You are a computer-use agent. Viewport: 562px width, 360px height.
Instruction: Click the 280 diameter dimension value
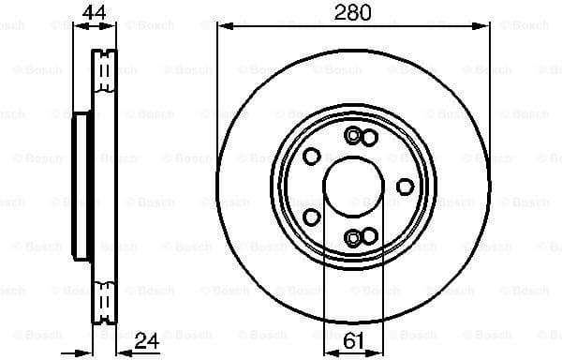353,12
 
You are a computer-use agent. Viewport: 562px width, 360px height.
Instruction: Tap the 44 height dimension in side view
92,12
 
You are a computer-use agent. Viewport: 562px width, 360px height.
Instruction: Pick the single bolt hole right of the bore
405,186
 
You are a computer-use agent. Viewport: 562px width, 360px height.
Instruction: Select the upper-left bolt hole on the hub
312,155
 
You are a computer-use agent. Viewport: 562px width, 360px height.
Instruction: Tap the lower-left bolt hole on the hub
312,217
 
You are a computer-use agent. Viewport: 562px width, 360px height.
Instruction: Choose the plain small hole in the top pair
368,138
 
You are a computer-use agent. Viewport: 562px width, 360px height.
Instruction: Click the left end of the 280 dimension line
218,28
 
